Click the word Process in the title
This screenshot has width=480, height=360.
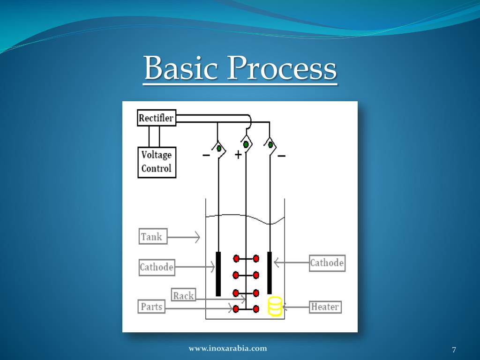click(281, 69)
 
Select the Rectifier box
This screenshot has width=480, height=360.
click(156, 118)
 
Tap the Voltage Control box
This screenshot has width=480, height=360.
click(157, 162)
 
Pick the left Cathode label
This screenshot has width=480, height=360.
click(157, 268)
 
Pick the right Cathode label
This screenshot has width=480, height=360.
click(327, 262)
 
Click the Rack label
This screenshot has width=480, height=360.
click(183, 295)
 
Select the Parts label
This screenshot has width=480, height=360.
click(151, 307)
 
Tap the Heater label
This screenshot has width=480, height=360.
click(325, 307)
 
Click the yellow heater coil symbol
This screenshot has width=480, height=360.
click(275, 306)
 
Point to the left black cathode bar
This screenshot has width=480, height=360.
click(218, 274)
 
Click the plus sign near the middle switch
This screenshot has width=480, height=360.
click(238, 155)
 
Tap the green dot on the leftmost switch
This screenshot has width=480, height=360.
click(219, 148)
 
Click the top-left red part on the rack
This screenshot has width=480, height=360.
click(236, 258)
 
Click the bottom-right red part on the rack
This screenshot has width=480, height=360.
click(256, 309)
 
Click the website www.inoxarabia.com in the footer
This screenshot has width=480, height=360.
click(228, 348)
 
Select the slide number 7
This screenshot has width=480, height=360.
click(454, 350)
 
